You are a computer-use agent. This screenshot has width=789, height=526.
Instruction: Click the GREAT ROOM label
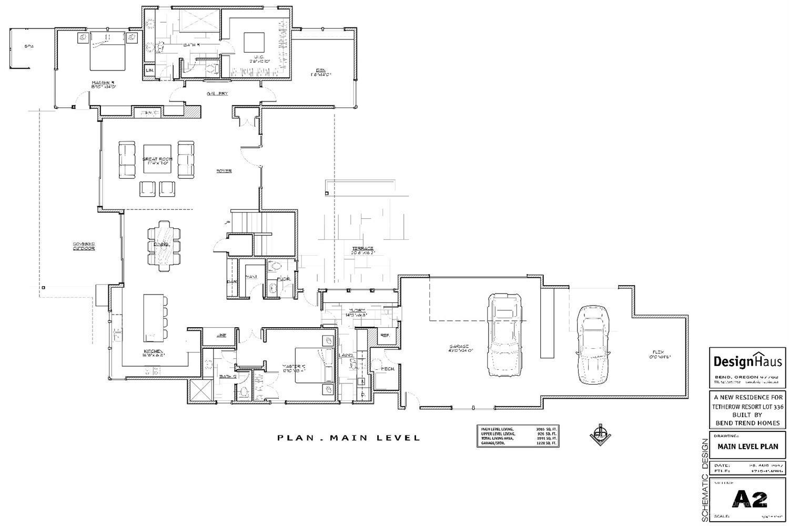point(157,159)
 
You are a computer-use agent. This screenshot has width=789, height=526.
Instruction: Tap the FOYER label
point(224,171)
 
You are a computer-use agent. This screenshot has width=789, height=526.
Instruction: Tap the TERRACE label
point(362,249)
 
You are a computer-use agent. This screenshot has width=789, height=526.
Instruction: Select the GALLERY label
point(217,94)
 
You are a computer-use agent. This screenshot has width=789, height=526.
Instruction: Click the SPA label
point(29,46)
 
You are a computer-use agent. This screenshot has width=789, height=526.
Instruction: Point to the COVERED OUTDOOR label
point(84,246)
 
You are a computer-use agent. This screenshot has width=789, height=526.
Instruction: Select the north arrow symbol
point(599,434)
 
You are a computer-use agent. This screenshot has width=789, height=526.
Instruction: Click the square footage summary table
point(518,436)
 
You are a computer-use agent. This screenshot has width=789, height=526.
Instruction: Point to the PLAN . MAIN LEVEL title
point(349,438)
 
